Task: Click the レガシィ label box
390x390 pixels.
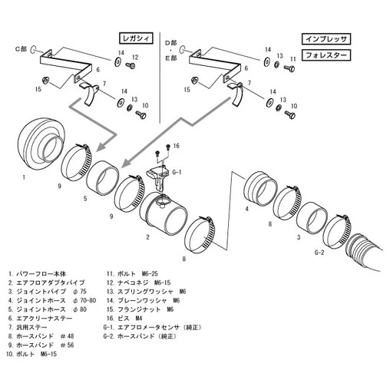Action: [x=137, y=36]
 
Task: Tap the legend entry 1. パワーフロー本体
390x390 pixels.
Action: [x=38, y=273]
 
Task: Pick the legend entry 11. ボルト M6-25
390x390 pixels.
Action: [x=134, y=273]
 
